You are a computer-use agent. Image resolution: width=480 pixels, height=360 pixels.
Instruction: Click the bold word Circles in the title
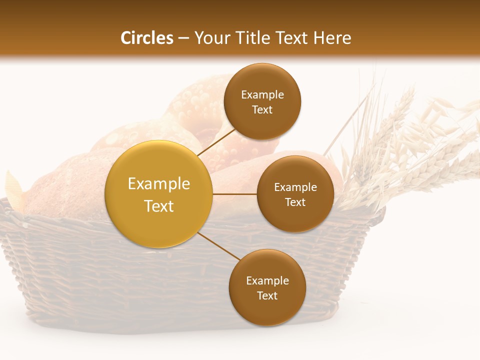click(x=147, y=38)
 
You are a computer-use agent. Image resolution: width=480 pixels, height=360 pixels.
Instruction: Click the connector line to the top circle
click(x=217, y=141)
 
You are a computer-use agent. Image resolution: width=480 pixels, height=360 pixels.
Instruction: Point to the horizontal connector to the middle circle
click(x=235, y=193)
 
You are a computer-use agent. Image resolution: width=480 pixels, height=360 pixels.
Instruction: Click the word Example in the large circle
click(x=159, y=184)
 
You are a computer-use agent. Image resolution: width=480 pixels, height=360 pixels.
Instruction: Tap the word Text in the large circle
click(x=159, y=206)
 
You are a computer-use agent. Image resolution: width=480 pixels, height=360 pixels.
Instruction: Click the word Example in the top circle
click(x=262, y=95)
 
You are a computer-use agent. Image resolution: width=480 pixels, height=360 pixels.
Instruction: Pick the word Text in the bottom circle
click(x=267, y=295)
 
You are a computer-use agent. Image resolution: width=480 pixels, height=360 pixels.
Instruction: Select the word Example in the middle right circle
click(x=295, y=187)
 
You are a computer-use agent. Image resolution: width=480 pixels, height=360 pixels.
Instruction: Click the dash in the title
click(x=183, y=38)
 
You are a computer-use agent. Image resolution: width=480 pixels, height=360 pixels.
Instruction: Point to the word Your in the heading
click(x=210, y=38)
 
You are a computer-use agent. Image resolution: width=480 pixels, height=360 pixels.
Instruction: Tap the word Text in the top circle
click(x=262, y=110)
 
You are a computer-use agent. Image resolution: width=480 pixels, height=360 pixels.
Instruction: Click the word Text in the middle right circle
click(x=295, y=202)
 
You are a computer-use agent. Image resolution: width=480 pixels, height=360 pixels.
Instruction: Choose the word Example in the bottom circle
click(x=267, y=281)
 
